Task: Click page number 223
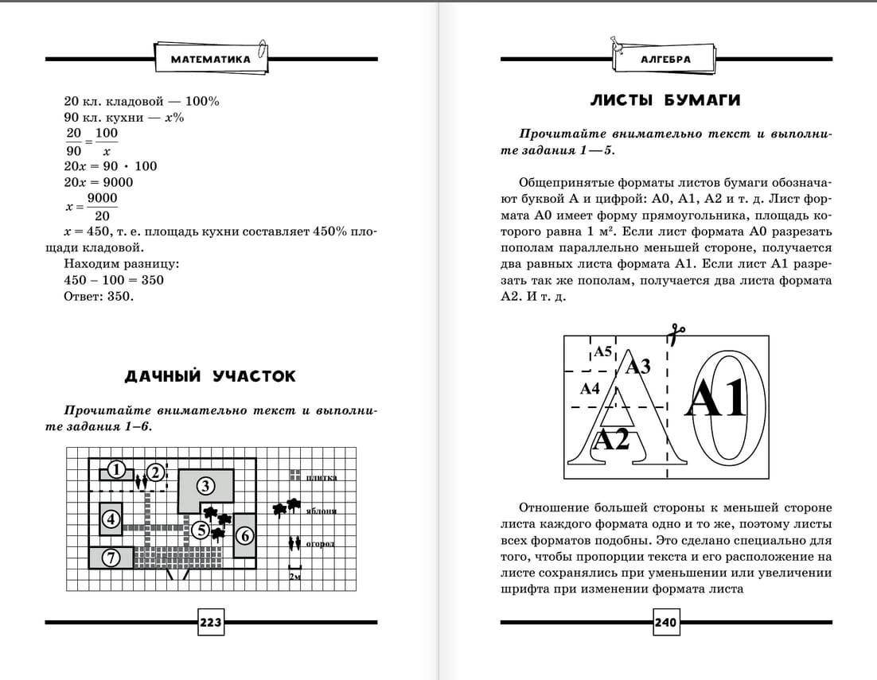210,623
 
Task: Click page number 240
665,623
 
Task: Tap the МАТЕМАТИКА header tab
210,59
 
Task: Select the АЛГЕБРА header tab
665,59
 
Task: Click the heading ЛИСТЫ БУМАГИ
665,100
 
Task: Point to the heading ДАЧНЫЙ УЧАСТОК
210,376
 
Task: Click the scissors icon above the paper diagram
677,335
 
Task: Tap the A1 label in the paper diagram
716,398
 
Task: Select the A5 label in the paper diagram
602,352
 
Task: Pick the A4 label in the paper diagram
589,389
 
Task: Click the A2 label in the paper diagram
612,439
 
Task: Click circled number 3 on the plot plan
205,485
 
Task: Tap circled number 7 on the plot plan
111,558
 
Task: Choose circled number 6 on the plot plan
244,536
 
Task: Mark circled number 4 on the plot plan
111,520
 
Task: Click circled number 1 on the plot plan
117,470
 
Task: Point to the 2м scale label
295,576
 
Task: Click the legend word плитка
322,478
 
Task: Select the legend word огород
320,545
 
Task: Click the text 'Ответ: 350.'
99,297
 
